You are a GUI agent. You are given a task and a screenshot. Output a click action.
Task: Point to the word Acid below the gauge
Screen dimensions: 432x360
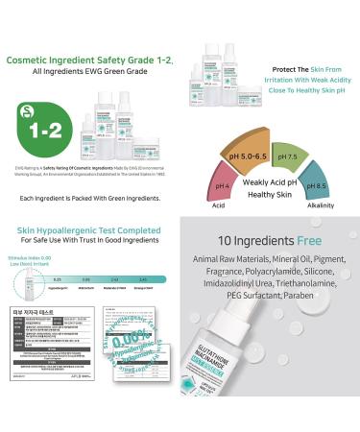point(220,204)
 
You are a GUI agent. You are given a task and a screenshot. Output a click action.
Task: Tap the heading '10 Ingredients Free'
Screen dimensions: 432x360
point(270,239)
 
